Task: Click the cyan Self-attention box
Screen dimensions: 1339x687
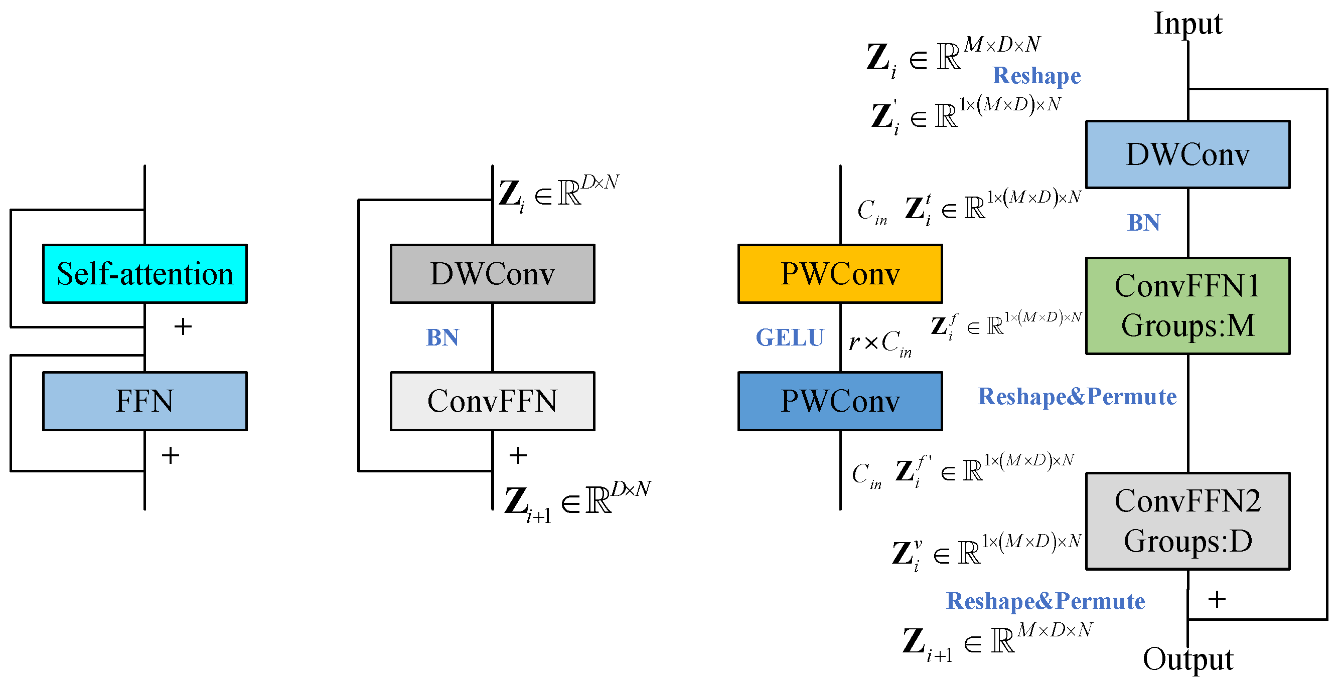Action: tap(145, 274)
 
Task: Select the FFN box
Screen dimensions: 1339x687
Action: tap(145, 401)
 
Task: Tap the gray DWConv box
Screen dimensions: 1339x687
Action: tap(493, 274)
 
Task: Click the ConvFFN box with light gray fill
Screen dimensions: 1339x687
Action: tap(493, 401)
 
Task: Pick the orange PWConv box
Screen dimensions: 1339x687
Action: tap(840, 274)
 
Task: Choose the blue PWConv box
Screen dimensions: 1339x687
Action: tap(840, 401)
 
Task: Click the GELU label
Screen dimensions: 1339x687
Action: tap(790, 338)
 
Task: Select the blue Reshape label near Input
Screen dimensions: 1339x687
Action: tap(1037, 76)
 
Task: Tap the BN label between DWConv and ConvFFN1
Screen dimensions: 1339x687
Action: tap(1143, 223)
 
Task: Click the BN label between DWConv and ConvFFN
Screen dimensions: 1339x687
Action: tap(442, 338)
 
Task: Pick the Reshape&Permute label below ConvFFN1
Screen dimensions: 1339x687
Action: tap(1078, 397)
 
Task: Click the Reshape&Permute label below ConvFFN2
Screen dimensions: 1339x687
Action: tap(1046, 601)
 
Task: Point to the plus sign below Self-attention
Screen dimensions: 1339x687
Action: tap(183, 327)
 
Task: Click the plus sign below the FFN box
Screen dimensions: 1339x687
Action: tap(171, 456)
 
